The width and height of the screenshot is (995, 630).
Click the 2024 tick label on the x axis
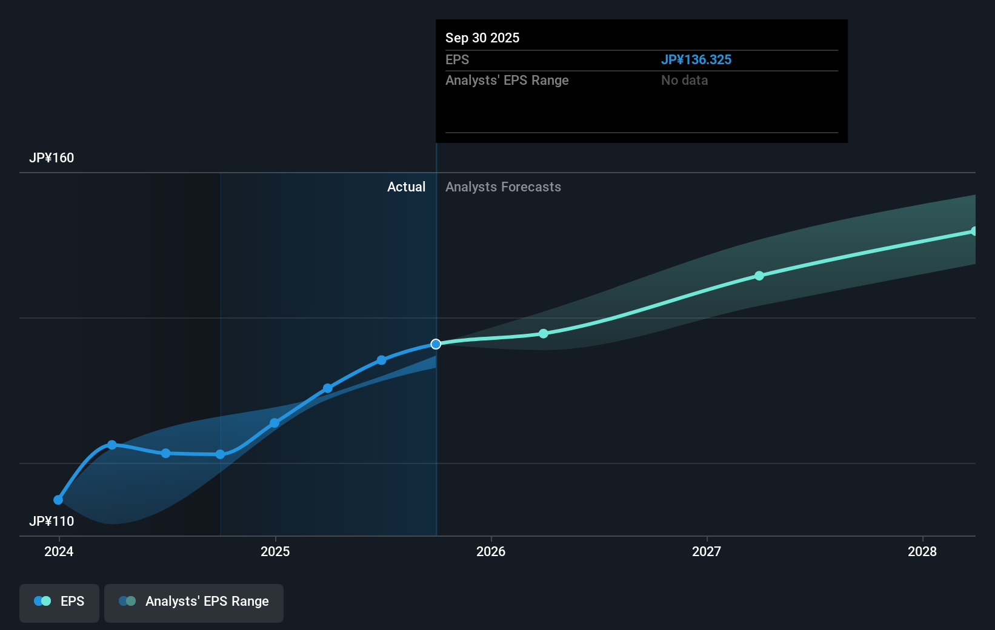59,551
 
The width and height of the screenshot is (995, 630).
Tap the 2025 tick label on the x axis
275,551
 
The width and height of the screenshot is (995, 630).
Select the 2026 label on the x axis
491,551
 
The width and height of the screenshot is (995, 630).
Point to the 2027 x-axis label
707,551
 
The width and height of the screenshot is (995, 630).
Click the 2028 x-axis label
922,551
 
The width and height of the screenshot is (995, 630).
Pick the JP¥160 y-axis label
52,158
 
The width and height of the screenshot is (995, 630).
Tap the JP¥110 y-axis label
52,522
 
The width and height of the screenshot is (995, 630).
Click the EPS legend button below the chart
59,602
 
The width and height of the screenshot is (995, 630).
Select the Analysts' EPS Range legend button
194,602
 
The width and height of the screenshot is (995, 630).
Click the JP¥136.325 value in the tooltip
696,60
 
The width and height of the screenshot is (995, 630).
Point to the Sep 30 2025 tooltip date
482,38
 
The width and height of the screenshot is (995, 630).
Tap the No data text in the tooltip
684,81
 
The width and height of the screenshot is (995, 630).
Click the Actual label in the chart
406,187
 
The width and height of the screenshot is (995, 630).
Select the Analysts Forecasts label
503,187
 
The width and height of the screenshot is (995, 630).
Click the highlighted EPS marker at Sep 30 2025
436,344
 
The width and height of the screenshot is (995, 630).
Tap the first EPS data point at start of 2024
58,500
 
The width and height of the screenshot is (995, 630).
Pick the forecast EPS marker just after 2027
759,276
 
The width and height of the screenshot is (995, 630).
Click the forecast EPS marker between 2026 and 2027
544,334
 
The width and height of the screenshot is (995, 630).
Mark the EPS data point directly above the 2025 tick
275,423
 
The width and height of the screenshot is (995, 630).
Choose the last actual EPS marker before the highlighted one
381,360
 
